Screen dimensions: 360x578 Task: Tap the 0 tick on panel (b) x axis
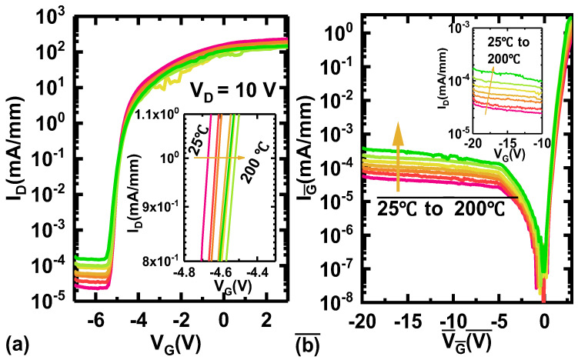pos(544,320)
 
